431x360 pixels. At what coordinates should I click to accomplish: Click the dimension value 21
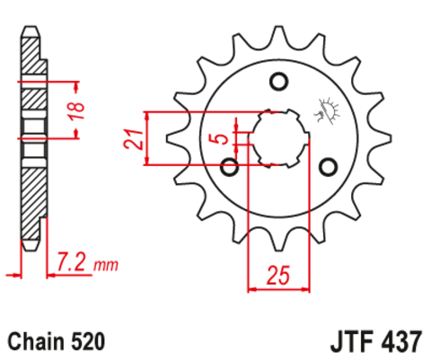point(130,139)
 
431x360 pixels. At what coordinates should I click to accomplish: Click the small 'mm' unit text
point(106,266)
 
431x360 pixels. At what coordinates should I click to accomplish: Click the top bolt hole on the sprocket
point(278,83)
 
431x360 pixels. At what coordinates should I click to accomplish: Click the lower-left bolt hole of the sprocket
point(230,166)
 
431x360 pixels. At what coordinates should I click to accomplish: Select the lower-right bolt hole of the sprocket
point(328,166)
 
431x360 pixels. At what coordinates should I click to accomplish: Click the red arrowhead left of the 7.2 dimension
point(12,270)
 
